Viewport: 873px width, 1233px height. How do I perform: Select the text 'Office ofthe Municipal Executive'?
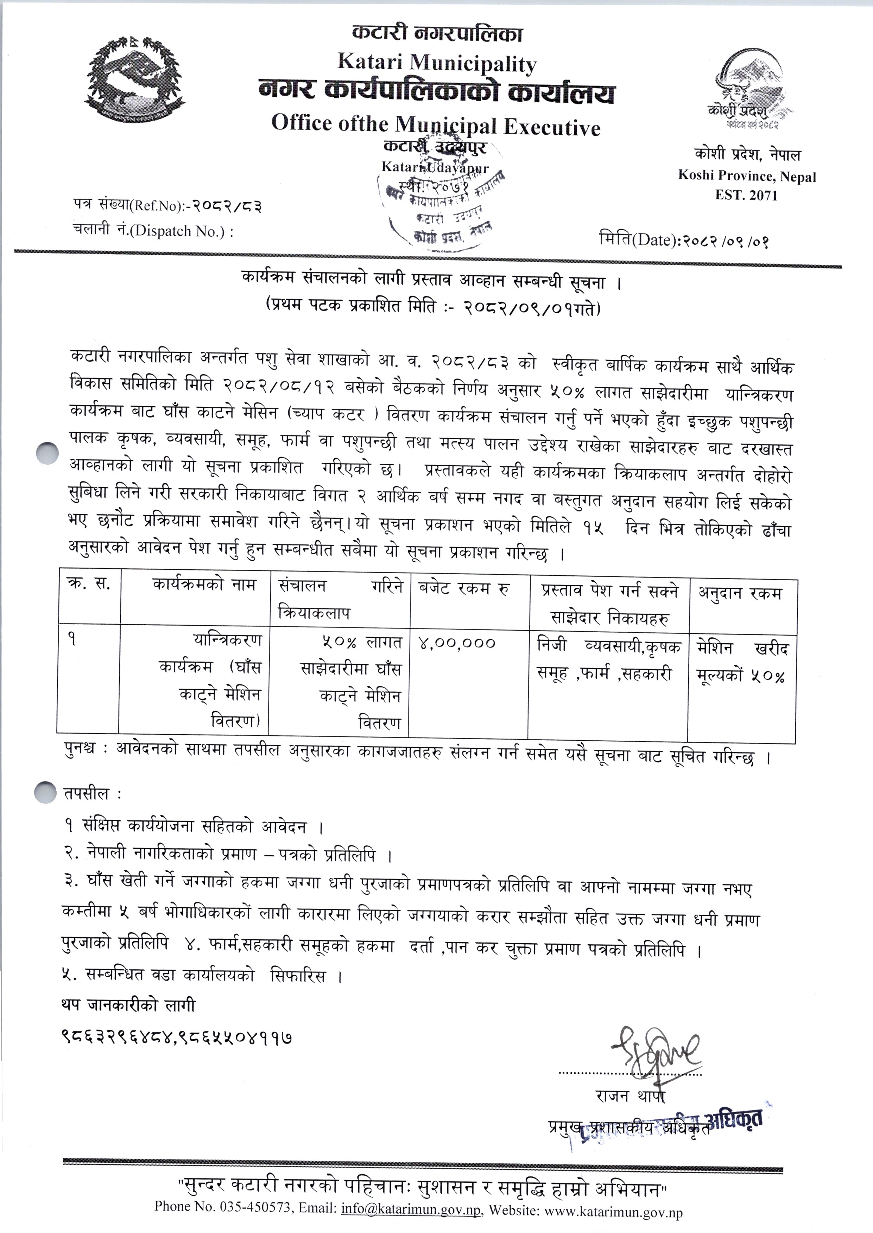[x=435, y=125]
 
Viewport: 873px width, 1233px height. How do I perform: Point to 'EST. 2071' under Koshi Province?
[x=746, y=195]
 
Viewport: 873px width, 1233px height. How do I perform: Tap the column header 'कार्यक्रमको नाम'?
[x=204, y=584]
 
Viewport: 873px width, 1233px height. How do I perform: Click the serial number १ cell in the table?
[x=72, y=640]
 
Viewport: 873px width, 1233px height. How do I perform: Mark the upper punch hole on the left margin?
[x=47, y=452]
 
